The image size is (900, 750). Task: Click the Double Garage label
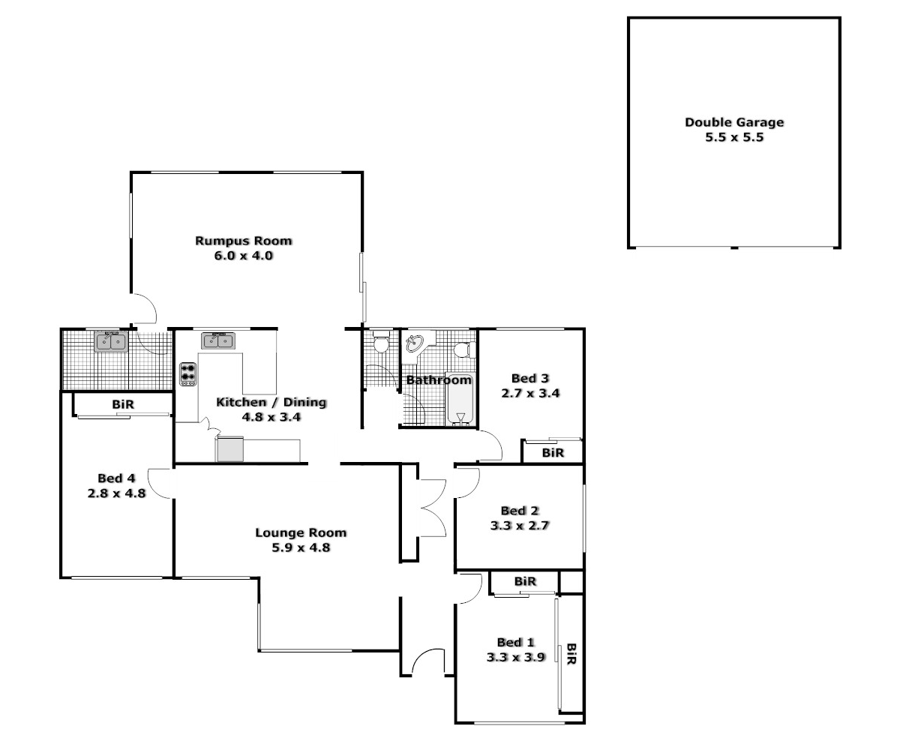click(x=733, y=122)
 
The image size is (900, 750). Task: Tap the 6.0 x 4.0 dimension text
click(x=243, y=255)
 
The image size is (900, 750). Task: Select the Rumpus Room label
click(x=243, y=241)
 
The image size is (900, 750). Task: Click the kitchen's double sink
click(x=217, y=341)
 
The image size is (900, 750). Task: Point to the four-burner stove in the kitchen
click(x=187, y=373)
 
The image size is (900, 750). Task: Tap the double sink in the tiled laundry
click(x=112, y=342)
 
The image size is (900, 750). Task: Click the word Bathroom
click(x=439, y=380)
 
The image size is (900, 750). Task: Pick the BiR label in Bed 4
click(x=123, y=404)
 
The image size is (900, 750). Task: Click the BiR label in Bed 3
click(x=553, y=453)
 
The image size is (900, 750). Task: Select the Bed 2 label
click(x=520, y=511)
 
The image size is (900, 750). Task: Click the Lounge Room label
click(x=301, y=532)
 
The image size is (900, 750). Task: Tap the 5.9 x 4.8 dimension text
click(x=301, y=547)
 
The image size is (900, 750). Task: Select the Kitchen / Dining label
click(x=271, y=402)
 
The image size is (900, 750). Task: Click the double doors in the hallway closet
click(x=431, y=510)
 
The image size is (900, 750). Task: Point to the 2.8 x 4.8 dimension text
click(x=116, y=493)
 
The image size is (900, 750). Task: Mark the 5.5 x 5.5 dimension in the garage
click(x=733, y=138)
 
